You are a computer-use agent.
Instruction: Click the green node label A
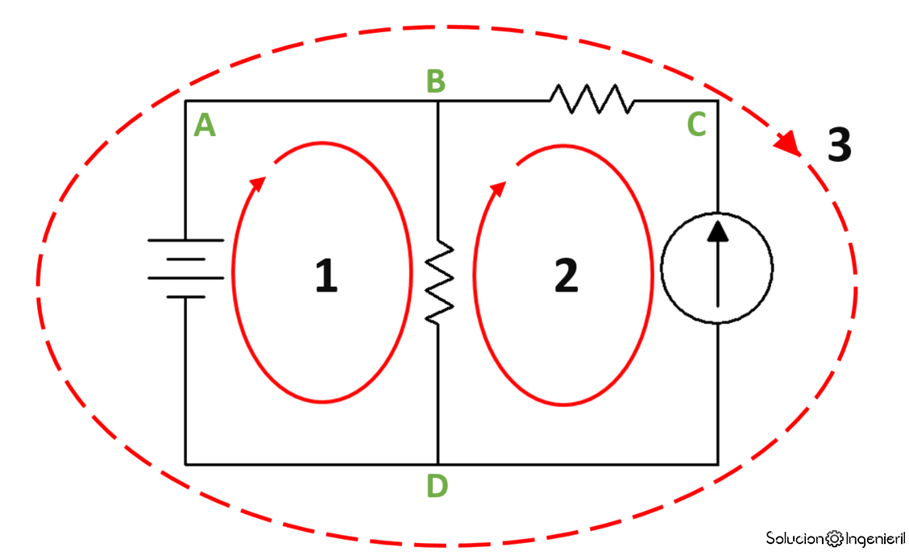(x=205, y=125)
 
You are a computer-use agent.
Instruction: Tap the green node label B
(x=436, y=81)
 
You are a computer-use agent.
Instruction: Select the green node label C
(x=697, y=124)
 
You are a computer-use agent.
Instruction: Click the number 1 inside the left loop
(x=326, y=276)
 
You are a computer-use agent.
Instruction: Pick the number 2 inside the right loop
(x=567, y=276)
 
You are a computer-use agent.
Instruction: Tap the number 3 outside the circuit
(x=839, y=146)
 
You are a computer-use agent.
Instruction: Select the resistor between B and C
(x=591, y=100)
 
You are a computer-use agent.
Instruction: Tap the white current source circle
(x=716, y=268)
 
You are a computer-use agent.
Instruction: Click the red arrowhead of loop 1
(x=257, y=185)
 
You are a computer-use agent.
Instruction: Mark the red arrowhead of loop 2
(x=498, y=188)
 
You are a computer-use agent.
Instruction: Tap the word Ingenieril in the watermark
(x=874, y=537)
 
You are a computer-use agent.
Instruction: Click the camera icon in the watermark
(x=835, y=537)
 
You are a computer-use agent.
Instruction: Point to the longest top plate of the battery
(x=185, y=240)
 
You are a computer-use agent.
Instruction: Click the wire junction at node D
(x=438, y=464)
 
